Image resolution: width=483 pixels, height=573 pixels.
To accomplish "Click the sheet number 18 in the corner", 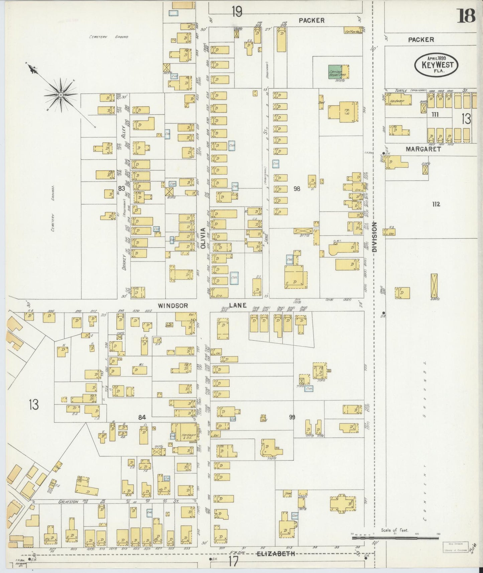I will (466, 16).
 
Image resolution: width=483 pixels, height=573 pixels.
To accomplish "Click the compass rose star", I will (61, 95).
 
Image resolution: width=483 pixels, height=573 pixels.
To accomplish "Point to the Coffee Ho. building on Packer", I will (353, 31).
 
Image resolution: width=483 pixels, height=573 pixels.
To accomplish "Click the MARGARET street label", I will (423, 149).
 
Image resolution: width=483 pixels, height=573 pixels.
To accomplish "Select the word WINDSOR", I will (173, 305).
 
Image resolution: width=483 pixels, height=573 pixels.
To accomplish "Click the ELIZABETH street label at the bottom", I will (276, 553).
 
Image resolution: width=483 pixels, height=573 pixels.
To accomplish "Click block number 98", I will (296, 189).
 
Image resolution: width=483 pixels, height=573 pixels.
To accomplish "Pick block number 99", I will (292, 417).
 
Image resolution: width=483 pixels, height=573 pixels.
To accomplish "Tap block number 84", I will (142, 417).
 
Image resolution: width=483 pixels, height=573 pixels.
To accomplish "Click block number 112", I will (436, 204).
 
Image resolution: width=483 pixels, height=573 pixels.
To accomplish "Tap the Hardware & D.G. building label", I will (187, 436).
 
